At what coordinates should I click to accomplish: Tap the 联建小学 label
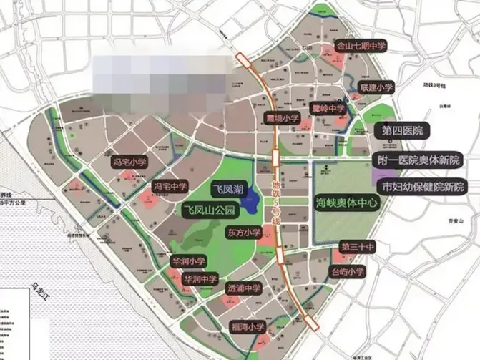click(x=376, y=87)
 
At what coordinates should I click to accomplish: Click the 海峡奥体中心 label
click(x=346, y=203)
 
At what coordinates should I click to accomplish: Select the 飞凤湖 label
click(x=229, y=190)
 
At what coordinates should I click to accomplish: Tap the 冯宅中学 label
click(x=170, y=187)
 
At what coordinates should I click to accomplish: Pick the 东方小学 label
click(x=244, y=233)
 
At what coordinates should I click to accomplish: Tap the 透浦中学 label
click(x=244, y=289)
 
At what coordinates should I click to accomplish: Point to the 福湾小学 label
click(x=248, y=327)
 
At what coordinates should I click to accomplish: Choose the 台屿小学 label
click(x=347, y=271)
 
